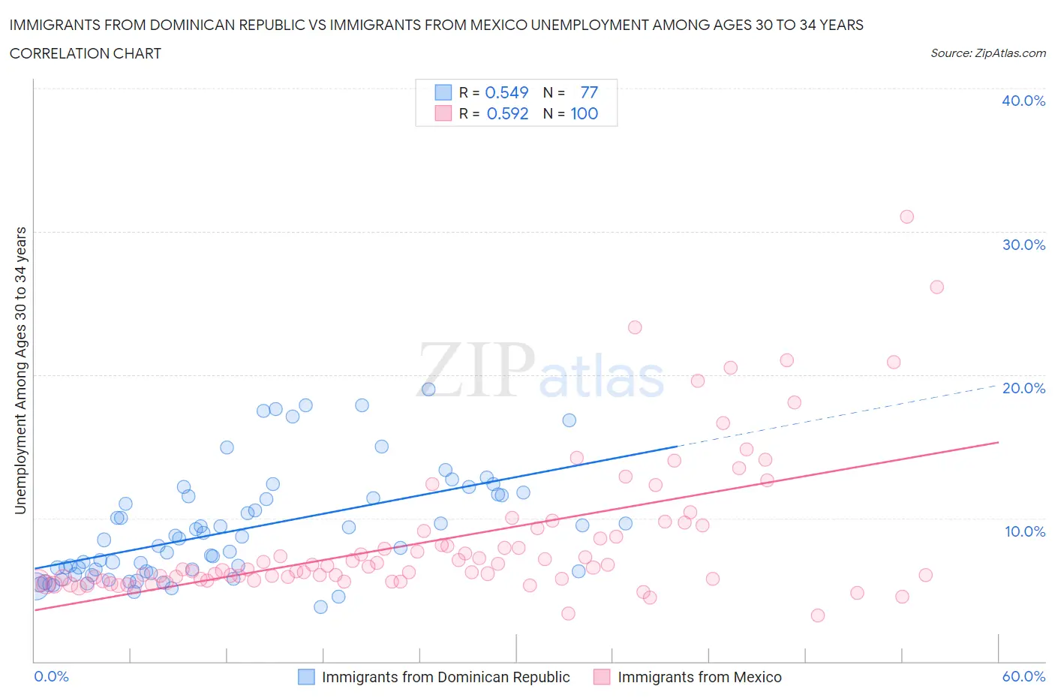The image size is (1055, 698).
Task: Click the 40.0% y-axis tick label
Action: coord(1023,101)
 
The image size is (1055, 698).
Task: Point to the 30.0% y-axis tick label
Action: coord(1023,245)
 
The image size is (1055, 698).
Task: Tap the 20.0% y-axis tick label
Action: coord(1023,388)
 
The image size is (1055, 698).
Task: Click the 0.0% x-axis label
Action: coord(51,676)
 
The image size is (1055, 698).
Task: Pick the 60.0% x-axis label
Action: coord(1023,676)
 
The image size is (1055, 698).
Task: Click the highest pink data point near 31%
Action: coord(906,217)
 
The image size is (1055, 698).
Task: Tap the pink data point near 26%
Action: coord(936,287)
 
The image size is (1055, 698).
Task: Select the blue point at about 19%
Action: coord(428,389)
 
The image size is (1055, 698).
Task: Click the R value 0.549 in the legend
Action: coord(506,92)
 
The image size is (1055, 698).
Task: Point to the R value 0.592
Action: coord(507,113)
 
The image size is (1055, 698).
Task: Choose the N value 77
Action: coord(589,92)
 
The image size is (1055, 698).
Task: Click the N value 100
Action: coord(584,113)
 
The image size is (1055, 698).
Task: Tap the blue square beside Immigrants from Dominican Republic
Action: coord(306,677)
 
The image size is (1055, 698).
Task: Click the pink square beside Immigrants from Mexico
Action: coord(602,677)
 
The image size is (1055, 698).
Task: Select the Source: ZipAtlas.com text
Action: coord(987,53)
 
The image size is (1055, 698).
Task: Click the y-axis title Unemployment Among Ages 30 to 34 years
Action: coord(20,370)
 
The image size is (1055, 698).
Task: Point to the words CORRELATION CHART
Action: coord(86,53)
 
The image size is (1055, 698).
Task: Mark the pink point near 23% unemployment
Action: coord(635,327)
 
